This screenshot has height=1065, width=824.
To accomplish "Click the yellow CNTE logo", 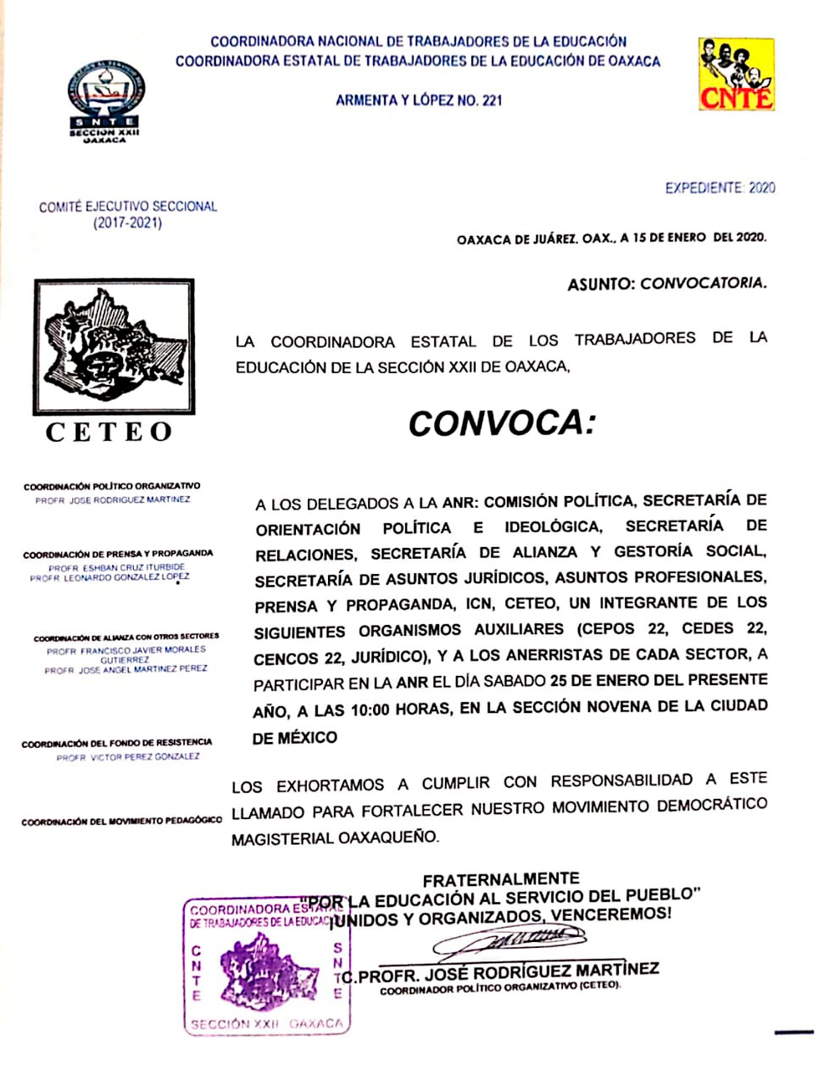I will tap(736, 75).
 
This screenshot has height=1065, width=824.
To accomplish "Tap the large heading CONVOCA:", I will tap(501, 424).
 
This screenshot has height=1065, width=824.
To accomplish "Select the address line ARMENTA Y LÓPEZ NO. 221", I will tap(419, 100).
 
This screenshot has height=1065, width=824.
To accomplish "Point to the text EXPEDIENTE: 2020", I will tap(720, 188).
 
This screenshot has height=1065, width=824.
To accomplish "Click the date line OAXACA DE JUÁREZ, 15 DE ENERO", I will tap(611, 238).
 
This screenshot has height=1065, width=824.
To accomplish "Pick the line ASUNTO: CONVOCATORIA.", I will tap(667, 283).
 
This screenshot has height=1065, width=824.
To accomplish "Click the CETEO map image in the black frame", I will tap(114, 346).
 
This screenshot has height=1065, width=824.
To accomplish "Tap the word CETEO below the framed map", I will tap(109, 432).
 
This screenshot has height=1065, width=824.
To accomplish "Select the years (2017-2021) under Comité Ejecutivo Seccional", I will tap(127, 223).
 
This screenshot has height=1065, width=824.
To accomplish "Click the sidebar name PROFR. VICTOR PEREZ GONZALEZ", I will tap(128, 757).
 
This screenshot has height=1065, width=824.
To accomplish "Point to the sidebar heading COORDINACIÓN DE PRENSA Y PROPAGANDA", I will tap(118, 554).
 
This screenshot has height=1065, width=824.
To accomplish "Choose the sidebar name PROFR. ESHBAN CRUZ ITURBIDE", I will tap(117, 567).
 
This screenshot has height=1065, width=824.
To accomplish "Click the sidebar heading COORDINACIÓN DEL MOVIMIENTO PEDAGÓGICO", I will tap(121, 821).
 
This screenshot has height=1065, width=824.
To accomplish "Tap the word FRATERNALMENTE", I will tap(501, 879).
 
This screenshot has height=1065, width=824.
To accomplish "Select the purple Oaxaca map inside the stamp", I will tap(267, 969).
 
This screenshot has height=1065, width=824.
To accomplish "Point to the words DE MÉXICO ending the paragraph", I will tap(294, 737).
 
